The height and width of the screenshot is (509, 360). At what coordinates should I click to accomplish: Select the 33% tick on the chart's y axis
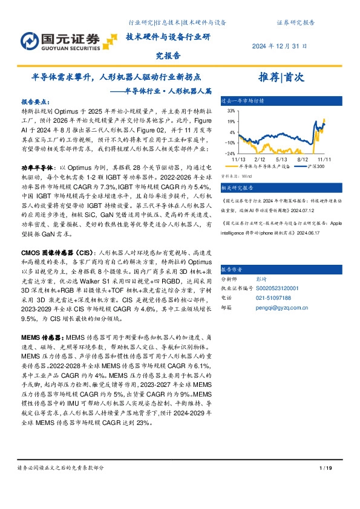231,112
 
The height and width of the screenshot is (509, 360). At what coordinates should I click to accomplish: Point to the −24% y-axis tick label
229,154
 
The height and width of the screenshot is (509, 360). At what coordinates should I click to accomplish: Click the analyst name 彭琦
261,280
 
